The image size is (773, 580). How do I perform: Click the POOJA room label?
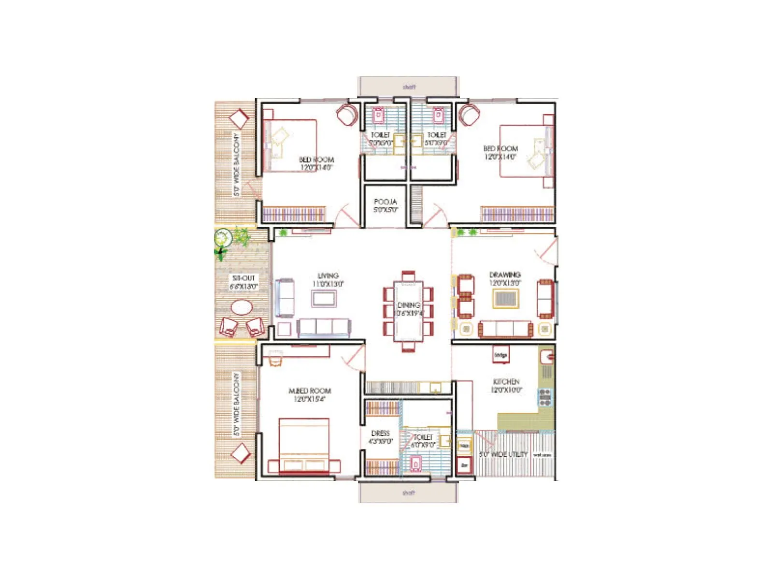(385, 202)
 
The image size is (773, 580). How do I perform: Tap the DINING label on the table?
(408, 305)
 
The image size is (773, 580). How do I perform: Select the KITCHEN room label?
(506, 381)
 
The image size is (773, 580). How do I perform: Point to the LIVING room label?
(328, 275)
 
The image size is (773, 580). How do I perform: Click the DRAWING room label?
(505, 275)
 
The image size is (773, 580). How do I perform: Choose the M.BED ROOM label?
(310, 391)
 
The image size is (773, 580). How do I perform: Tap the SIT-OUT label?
(243, 278)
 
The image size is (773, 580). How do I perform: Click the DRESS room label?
(380, 433)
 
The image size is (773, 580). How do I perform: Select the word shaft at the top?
(409, 87)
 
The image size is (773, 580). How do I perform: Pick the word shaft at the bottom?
(408, 493)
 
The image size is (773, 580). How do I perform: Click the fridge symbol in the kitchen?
(501, 355)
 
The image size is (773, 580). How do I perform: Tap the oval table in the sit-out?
(241, 307)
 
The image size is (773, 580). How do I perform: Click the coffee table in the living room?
(324, 298)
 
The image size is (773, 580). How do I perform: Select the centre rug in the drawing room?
(505, 298)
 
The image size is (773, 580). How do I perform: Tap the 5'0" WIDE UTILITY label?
(503, 454)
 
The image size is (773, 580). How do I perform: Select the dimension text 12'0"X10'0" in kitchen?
(506, 390)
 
